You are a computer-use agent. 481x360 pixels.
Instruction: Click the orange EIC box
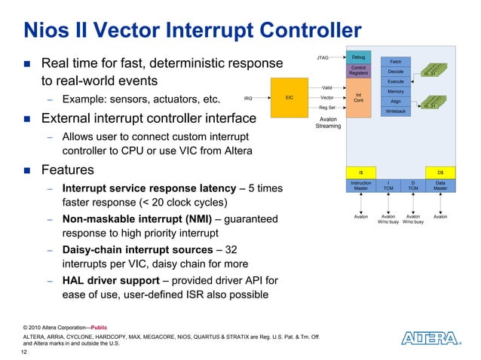[289, 97]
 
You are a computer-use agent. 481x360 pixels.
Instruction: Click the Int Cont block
[359, 97]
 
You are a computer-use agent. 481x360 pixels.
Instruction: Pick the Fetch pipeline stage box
[395, 61]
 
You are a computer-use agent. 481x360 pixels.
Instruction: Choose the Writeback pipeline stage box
[395, 111]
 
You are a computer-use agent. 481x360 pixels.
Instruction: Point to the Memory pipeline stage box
[395, 91]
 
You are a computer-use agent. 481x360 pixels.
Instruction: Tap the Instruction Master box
[361, 185]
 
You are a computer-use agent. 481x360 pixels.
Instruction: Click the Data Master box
[440, 185]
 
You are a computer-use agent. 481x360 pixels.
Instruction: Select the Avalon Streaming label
[328, 123]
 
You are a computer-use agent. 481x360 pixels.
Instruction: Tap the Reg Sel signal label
[327, 108]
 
